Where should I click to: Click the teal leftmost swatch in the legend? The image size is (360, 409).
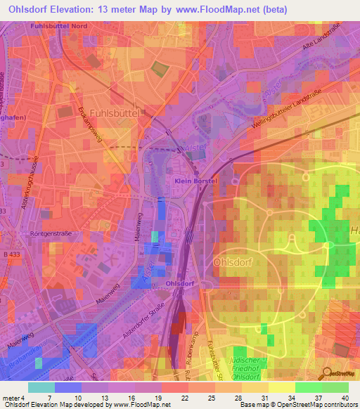tap(41, 388)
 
